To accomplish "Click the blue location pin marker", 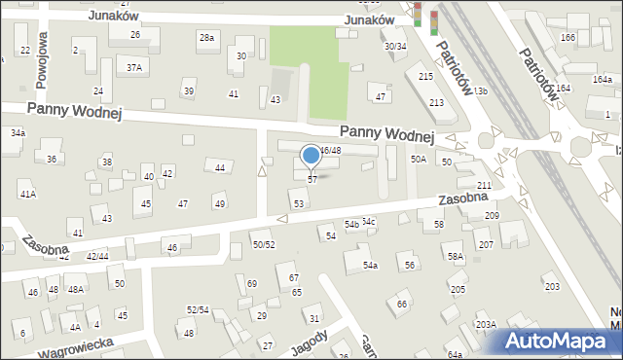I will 311,156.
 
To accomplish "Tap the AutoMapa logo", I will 557,341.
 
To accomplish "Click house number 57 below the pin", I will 311,180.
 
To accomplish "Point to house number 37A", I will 134,67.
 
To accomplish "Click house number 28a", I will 206,37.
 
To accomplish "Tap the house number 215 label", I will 425,76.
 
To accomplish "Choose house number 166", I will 568,37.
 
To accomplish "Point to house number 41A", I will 27,195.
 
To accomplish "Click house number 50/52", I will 264,244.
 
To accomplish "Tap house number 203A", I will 485,324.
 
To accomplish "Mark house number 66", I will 402,305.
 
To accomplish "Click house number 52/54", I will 198,309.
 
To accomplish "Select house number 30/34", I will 394,46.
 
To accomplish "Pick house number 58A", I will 455,256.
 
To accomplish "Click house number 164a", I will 563,88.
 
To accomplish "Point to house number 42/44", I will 97,256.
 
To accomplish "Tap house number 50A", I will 419,159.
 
